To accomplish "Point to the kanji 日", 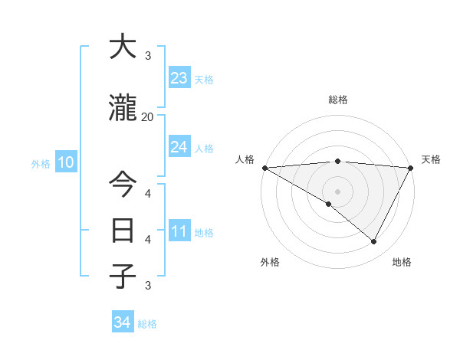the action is pos(122,230).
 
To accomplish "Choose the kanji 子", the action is pos(122,276).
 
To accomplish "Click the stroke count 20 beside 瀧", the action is pos(147,117).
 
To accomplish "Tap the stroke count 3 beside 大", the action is pos(147,56).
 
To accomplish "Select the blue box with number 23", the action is pos(179,78).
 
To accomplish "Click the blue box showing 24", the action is pos(179,147).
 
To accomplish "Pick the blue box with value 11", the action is pos(179,231).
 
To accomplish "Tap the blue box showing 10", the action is pos(65,162).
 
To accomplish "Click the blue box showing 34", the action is pos(122,322).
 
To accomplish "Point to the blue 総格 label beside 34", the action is pos(147,324).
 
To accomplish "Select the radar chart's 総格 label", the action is pos(337,100).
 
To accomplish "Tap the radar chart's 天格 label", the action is pos(431,159).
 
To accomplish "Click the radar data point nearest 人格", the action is pos(264,167).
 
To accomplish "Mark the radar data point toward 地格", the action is pos(374,241).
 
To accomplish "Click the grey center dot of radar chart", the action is pos(337,191).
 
